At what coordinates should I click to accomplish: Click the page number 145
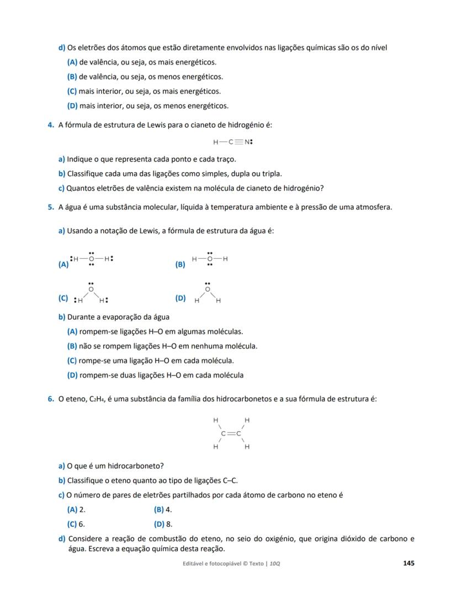[x=408, y=563]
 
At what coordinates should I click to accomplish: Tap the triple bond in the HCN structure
[x=238, y=142]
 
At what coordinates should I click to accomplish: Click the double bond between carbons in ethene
[x=231, y=433]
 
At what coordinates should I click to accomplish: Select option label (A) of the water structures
[x=63, y=265]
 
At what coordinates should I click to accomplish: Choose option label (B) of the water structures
[x=180, y=265]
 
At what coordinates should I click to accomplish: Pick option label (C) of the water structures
[x=63, y=298]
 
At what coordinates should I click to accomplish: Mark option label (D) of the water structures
[x=180, y=298]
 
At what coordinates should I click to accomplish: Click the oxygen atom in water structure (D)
[x=208, y=289]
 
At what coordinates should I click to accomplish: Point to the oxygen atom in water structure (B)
[x=210, y=259]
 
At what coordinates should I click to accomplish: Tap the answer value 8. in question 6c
[x=169, y=524]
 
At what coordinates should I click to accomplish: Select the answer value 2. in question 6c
[x=82, y=510]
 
